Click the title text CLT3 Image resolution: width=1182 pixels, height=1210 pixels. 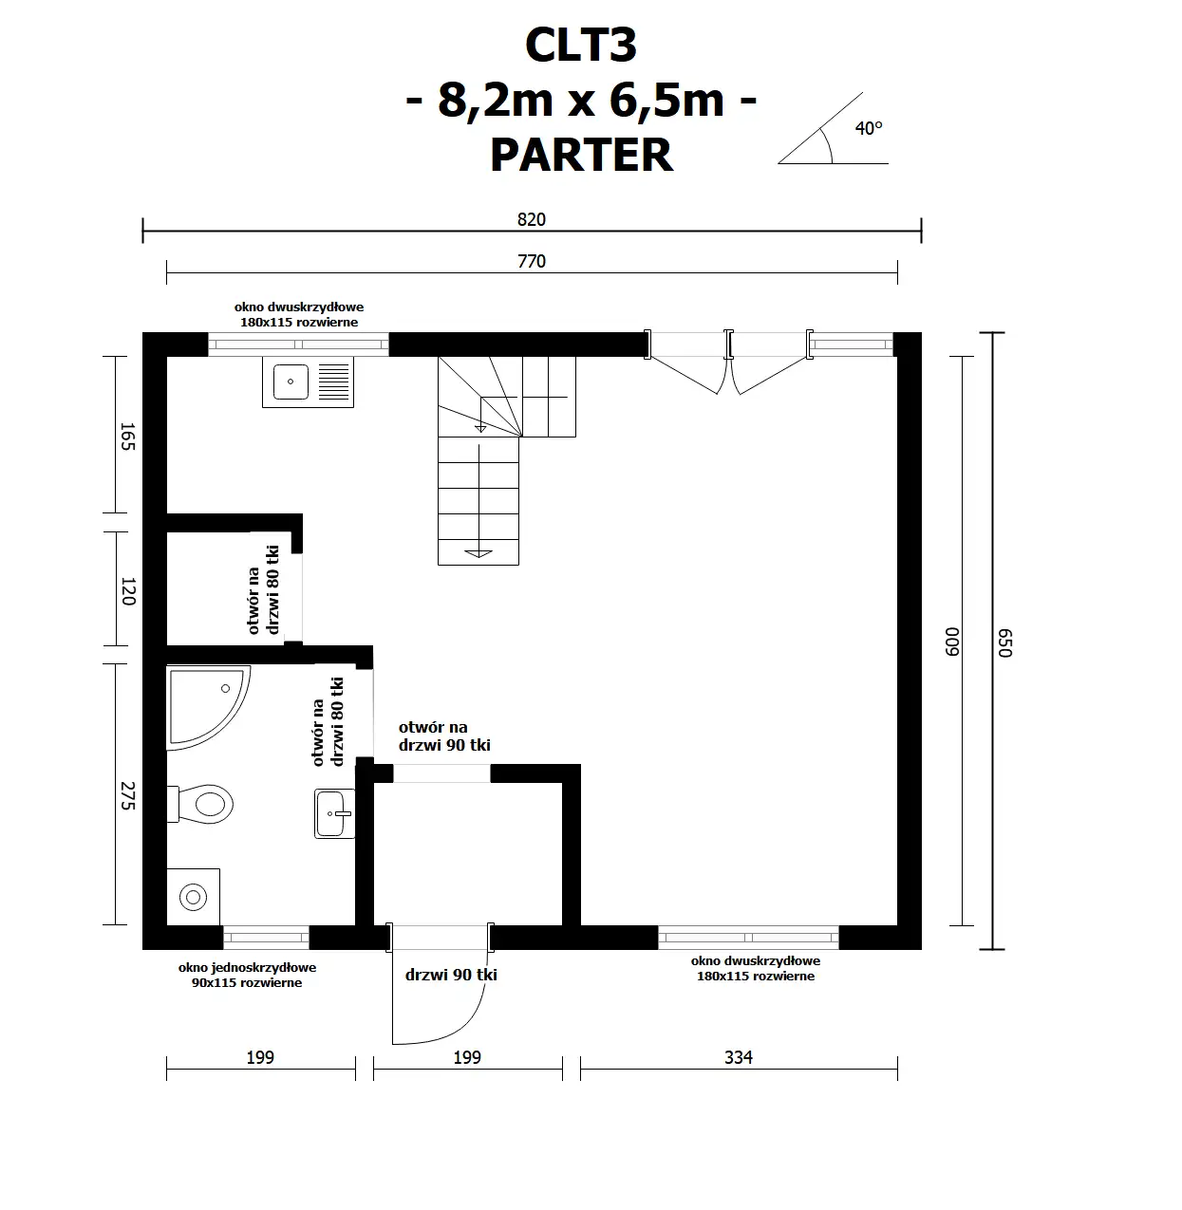point(580,46)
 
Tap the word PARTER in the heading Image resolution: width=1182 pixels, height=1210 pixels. point(581,155)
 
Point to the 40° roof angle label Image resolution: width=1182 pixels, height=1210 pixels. point(868,128)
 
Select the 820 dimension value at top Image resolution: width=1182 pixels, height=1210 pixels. point(532,219)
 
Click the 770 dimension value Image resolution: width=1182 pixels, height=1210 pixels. point(532,261)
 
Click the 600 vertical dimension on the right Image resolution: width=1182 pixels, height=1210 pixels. point(953,641)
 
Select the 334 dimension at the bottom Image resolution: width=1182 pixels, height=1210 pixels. point(738,1057)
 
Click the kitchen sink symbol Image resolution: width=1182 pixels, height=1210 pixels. point(308,382)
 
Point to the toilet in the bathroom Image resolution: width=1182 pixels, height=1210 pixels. point(204,804)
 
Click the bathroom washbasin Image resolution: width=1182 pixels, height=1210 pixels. point(333,813)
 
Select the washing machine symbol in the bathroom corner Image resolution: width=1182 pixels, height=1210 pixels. point(194,896)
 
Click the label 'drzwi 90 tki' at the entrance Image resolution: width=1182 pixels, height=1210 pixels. point(451,975)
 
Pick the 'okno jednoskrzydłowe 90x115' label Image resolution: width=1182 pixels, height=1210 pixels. point(247,975)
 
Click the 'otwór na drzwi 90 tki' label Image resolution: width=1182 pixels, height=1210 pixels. point(443,736)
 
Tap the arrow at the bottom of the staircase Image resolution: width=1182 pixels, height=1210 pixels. point(478,551)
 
